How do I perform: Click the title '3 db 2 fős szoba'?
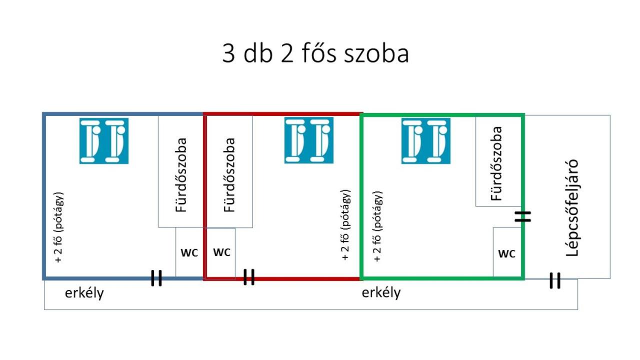click(315, 53)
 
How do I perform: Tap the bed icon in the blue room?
click(104, 141)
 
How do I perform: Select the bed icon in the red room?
click(309, 140)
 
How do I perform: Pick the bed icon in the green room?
click(425, 141)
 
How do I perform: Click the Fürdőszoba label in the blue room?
click(181, 175)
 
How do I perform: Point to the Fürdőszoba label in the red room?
click(229, 175)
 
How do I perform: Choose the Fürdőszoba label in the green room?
click(496, 163)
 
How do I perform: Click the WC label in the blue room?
click(189, 252)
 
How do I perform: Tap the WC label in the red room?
click(221, 252)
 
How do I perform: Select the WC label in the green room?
click(506, 253)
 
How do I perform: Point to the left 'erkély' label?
click(84, 293)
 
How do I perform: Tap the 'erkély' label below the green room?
click(381, 292)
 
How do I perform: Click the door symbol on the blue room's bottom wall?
click(156, 278)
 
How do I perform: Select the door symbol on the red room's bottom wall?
click(249, 277)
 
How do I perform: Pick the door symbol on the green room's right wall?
click(523, 216)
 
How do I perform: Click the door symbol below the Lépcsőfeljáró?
click(555, 280)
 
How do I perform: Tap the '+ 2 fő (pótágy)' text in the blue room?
click(59, 227)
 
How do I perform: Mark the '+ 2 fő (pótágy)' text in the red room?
click(345, 225)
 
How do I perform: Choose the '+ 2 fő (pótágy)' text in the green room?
click(377, 226)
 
